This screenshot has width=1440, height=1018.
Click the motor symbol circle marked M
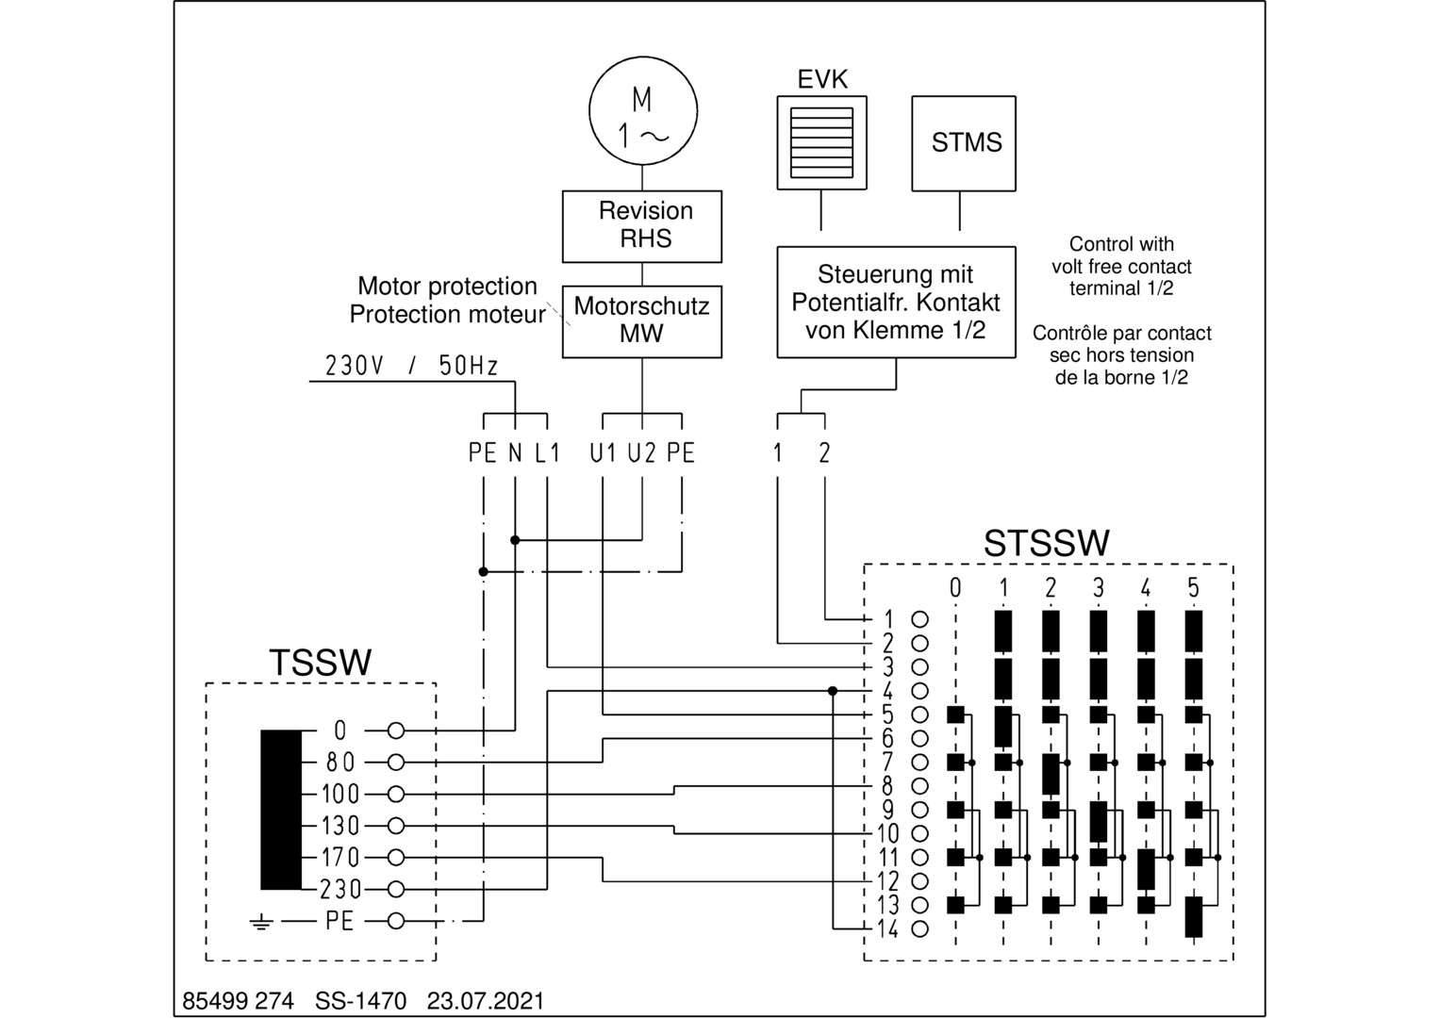pyautogui.click(x=643, y=110)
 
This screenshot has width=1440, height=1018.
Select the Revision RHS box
pyautogui.click(x=642, y=226)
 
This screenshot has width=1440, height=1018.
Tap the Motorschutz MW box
pyautogui.click(x=642, y=321)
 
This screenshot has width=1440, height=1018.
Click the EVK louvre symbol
pyautogui.click(x=820, y=142)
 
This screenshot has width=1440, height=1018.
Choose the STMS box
pyautogui.click(x=964, y=143)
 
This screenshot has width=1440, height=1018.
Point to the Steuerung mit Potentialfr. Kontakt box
pyautogui.click(x=896, y=303)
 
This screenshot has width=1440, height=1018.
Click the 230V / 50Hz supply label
pyautogui.click(x=411, y=366)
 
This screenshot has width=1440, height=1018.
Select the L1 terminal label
pyautogui.click(x=548, y=453)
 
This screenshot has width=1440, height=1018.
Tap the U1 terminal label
pyautogui.click(x=604, y=453)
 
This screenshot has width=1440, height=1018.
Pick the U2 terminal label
pyautogui.click(x=642, y=453)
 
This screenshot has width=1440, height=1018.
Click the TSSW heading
pyautogui.click(x=321, y=663)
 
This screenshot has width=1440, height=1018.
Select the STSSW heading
pyautogui.click(x=1047, y=544)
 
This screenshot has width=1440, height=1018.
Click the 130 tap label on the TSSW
pyautogui.click(x=340, y=826)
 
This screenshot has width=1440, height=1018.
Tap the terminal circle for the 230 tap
pyautogui.click(x=396, y=889)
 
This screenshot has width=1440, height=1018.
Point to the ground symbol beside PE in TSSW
pyautogui.click(x=261, y=922)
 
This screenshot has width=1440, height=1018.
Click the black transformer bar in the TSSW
pyautogui.click(x=281, y=810)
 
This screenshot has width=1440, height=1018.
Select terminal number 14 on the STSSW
pyautogui.click(x=887, y=928)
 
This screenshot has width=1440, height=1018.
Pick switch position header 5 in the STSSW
pyautogui.click(x=1193, y=588)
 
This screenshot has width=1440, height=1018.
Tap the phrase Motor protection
pyautogui.click(x=447, y=287)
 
